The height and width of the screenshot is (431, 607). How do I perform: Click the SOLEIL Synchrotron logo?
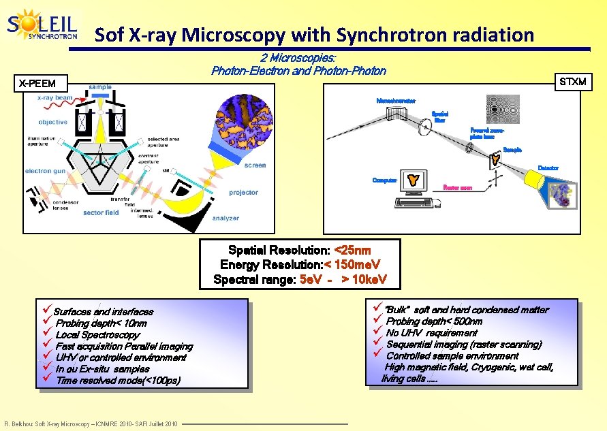click(42, 26)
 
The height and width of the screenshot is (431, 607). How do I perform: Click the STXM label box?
click(572, 82)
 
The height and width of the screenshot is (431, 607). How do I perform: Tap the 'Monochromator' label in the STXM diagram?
click(396, 101)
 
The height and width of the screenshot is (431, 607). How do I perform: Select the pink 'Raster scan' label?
click(458, 187)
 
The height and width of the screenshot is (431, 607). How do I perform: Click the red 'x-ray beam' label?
click(55, 97)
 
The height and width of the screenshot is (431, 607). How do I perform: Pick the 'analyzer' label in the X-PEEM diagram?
click(225, 218)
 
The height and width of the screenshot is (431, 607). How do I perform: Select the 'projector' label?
click(243, 193)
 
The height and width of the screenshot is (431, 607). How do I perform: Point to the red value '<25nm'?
click(353, 251)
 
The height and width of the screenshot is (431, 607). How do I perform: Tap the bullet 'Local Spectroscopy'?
click(97, 334)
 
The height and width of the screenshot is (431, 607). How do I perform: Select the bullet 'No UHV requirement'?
click(431, 333)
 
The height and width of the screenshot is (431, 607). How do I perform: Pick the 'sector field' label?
click(101, 212)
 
